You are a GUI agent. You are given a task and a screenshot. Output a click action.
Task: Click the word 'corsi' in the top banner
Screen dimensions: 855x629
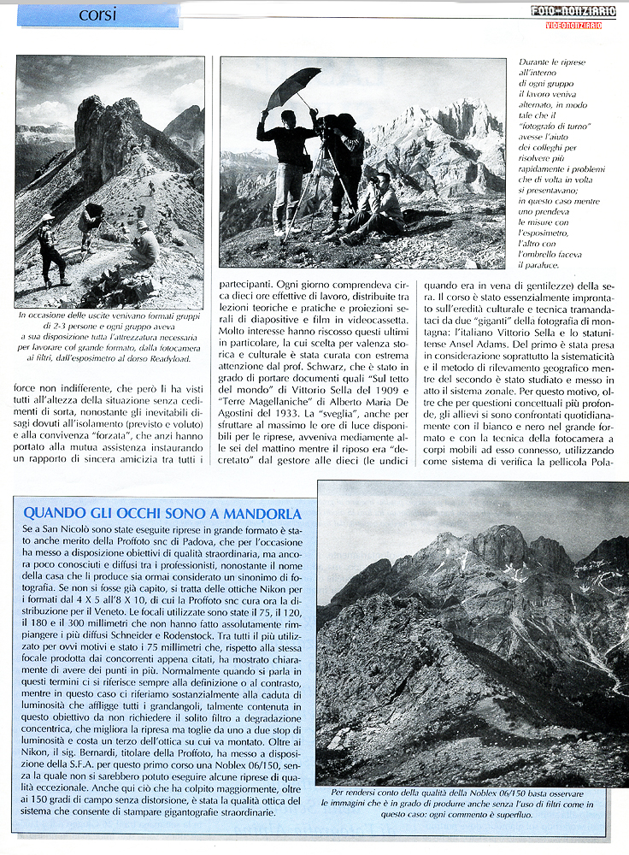point(98,15)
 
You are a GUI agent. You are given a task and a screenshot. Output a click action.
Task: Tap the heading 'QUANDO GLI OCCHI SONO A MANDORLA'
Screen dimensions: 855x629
point(162,513)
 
